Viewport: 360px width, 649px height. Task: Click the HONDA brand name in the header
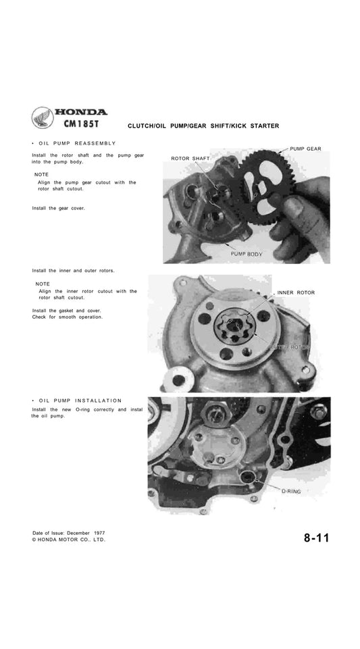tap(80, 112)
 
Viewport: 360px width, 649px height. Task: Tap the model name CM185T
tap(83, 125)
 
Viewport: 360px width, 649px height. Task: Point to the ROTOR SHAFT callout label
tap(190, 159)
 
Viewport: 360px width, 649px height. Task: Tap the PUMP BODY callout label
tap(247, 254)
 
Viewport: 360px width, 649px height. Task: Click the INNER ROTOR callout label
tap(296, 292)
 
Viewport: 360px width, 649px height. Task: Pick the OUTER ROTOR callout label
tap(288, 346)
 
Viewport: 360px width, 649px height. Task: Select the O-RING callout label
tap(291, 492)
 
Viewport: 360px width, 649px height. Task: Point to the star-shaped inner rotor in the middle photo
tap(233, 329)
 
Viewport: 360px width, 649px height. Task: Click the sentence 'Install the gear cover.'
tap(59, 208)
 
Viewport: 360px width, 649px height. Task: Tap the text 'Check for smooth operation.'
tap(68, 317)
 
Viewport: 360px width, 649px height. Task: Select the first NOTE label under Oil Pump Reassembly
tap(43, 174)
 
